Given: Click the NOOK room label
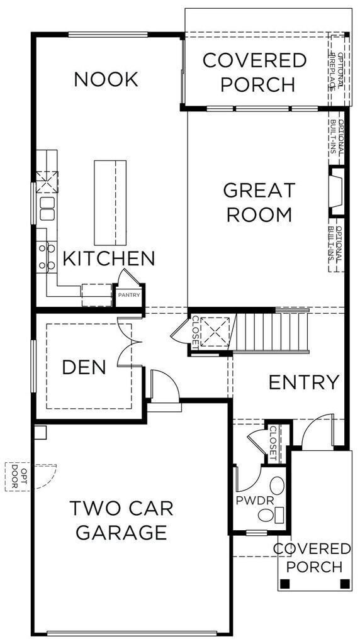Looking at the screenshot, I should pyautogui.click(x=106, y=79).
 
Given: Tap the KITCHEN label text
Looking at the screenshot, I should pyautogui.click(x=108, y=258).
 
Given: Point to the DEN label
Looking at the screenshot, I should pyautogui.click(x=84, y=367).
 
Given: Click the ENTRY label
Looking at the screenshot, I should pyautogui.click(x=304, y=382).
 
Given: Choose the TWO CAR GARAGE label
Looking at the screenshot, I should pyautogui.click(x=121, y=519).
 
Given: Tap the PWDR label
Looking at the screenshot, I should pyautogui.click(x=249, y=501).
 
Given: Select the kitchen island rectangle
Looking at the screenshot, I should pyautogui.click(x=110, y=203).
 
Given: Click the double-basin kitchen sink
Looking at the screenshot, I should pyautogui.click(x=47, y=209).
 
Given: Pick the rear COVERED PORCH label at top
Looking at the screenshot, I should pyautogui.click(x=254, y=72).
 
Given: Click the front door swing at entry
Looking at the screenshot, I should pyautogui.click(x=318, y=433).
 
